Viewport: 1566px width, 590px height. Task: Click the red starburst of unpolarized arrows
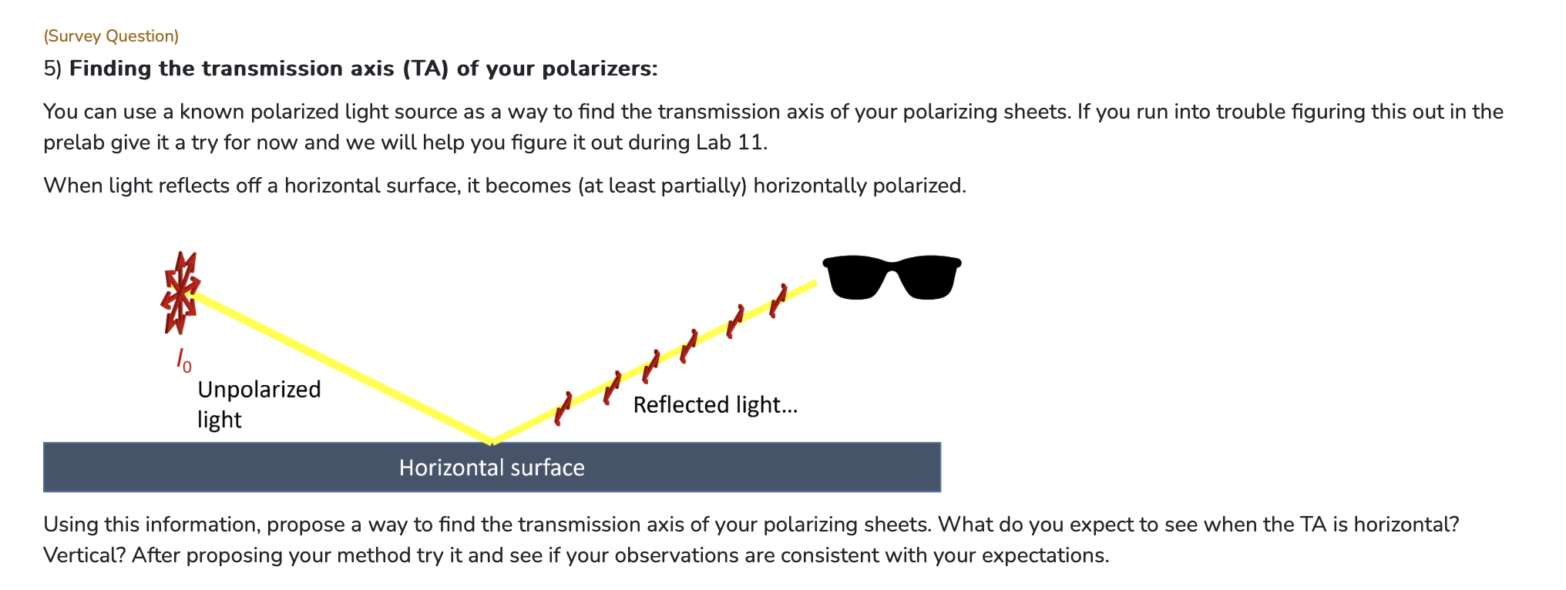click(180, 293)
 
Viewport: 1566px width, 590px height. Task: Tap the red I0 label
click(183, 360)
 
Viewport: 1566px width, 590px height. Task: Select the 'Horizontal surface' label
click(492, 468)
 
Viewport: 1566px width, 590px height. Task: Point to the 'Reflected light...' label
click(715, 405)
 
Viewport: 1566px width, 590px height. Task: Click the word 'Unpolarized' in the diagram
click(259, 390)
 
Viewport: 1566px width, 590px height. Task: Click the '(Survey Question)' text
click(111, 36)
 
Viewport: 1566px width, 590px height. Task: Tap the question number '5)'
click(52, 69)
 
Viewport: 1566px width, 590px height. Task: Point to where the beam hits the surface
click(492, 442)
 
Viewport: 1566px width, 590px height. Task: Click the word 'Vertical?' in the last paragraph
click(84, 555)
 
